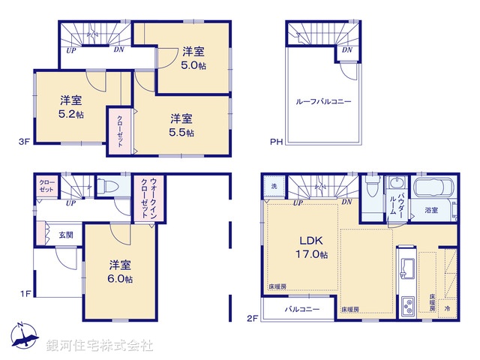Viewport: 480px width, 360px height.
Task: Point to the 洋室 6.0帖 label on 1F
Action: [x=120, y=271]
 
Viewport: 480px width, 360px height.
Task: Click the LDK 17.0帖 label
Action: [x=311, y=247]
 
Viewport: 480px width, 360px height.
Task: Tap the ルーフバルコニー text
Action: [x=323, y=100]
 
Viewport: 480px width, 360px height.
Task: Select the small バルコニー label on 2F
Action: [x=301, y=309]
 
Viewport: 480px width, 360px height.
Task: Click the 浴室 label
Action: [x=430, y=211]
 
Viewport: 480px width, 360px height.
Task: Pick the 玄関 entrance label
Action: [x=66, y=235]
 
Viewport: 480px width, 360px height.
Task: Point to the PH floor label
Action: [x=275, y=141]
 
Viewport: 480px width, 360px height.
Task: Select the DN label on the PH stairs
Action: [x=346, y=50]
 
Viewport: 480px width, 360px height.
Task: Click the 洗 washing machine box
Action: [x=274, y=186]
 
